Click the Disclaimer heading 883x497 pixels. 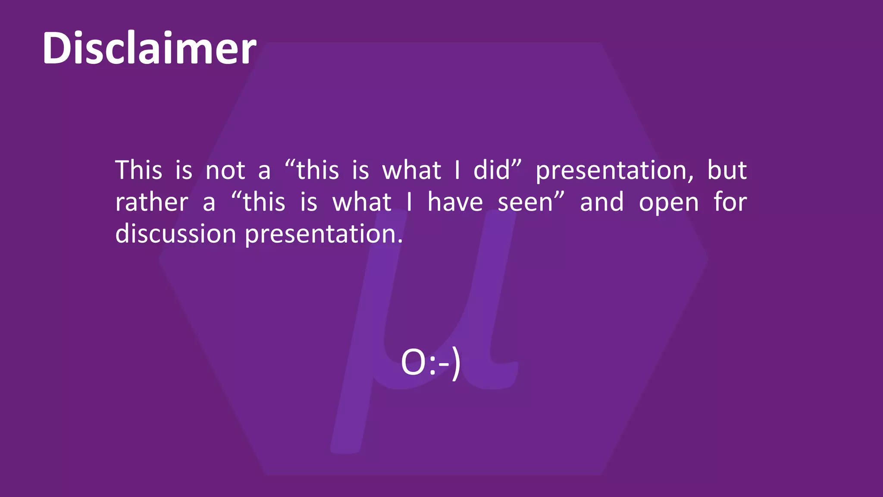(x=149, y=48)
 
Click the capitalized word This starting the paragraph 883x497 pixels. (x=138, y=170)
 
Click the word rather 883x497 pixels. (x=152, y=202)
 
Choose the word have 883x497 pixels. (x=455, y=202)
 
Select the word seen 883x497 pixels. (x=525, y=203)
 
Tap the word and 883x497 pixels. (x=602, y=202)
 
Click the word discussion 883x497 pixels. (x=175, y=234)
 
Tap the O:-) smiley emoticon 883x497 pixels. (x=431, y=363)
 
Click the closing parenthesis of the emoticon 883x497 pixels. (x=456, y=365)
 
